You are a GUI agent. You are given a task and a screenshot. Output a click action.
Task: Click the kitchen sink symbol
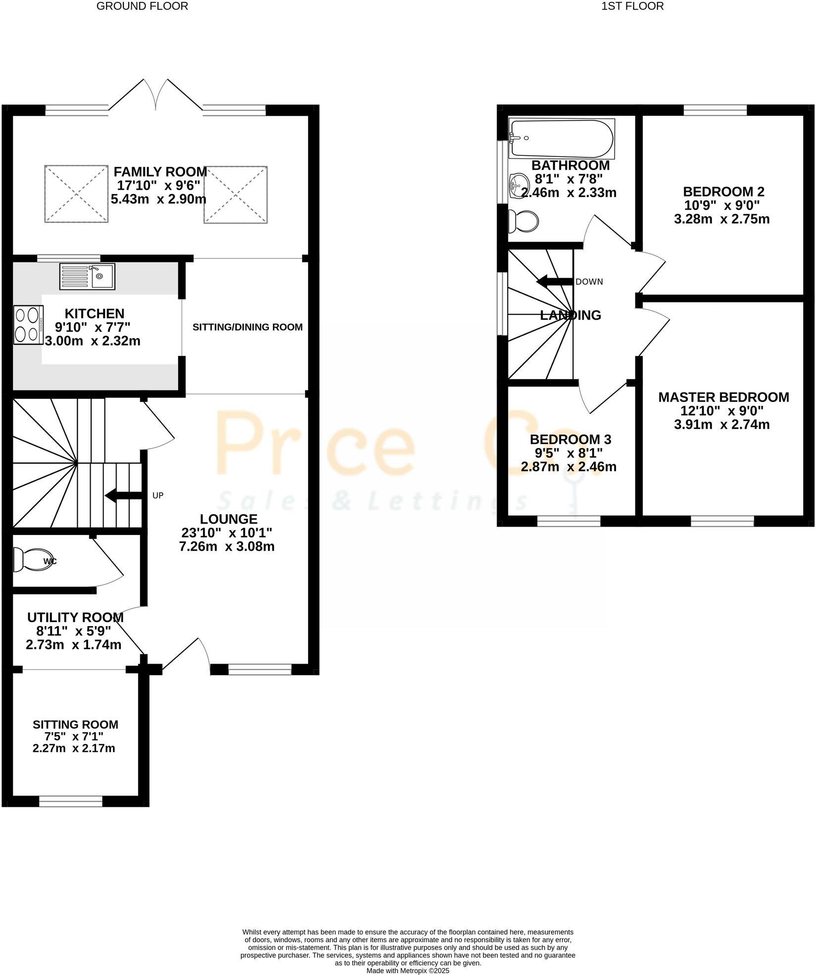87,276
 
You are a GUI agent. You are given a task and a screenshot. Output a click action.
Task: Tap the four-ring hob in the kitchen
28,325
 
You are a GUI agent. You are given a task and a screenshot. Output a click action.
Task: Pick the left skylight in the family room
76,194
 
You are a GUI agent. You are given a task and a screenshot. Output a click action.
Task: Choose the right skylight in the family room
236,195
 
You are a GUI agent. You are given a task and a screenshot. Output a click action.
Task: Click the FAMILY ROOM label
160,172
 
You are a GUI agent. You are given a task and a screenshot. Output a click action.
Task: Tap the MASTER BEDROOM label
723,397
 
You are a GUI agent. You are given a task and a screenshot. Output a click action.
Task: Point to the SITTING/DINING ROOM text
247,327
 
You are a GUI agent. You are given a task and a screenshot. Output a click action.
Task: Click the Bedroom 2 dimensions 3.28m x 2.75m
721,219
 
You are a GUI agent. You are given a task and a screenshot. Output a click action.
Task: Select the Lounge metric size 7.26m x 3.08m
228,546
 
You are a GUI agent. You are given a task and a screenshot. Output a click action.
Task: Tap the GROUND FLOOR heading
142,6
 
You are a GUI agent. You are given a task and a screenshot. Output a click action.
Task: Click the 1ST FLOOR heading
632,6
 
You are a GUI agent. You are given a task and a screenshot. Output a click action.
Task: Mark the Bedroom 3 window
568,521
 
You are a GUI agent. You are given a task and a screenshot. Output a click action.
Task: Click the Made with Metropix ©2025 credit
408,971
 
